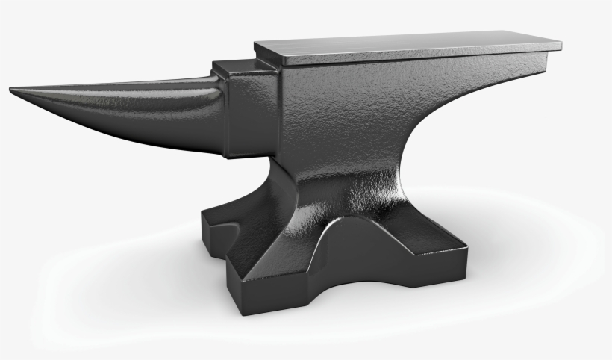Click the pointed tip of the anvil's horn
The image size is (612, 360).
11,91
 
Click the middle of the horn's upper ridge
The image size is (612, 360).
112,86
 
